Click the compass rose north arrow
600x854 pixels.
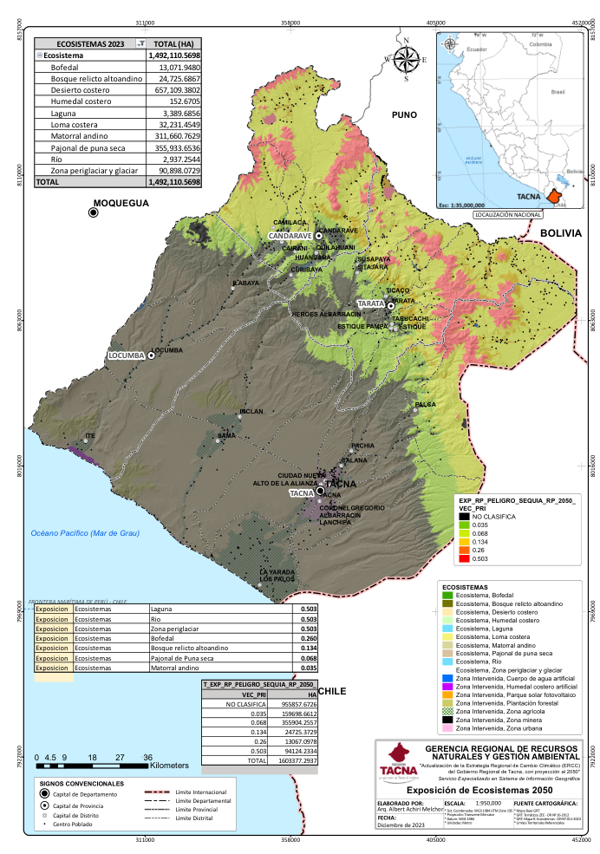[x=405, y=60]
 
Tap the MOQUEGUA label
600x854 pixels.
[x=121, y=204]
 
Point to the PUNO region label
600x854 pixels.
[x=403, y=114]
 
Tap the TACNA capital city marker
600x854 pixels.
[x=320, y=491]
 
